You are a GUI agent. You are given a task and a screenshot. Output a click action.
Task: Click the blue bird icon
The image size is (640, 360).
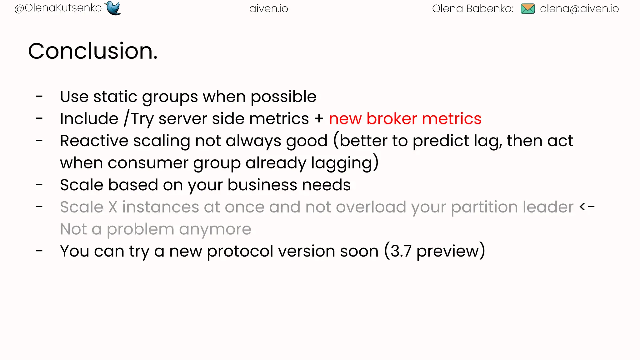[113, 8]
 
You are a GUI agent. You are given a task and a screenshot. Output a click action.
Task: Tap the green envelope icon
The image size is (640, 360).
[527, 9]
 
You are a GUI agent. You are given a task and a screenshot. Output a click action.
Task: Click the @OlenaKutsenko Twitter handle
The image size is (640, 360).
[58, 8]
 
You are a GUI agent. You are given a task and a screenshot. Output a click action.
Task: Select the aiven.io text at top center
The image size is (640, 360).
[268, 9]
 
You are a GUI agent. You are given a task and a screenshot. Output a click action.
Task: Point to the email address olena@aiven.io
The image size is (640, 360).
[579, 9]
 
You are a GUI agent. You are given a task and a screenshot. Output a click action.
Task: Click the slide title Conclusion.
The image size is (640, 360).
[93, 51]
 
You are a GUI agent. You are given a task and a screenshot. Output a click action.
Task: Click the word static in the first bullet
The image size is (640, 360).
[115, 97]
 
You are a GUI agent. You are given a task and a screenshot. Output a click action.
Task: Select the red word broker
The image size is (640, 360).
[392, 119]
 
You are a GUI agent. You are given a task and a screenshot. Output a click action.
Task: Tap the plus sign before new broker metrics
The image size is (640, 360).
[319, 119]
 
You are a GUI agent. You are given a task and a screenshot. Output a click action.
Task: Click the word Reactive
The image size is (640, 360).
[94, 141]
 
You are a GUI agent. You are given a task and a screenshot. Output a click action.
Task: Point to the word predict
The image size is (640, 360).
[441, 141]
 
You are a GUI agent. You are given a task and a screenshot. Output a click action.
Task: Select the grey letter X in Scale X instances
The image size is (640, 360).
[112, 207]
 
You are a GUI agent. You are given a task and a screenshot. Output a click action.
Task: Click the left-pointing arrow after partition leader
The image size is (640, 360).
[587, 207]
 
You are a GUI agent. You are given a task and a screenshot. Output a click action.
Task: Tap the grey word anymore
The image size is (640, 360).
[215, 229]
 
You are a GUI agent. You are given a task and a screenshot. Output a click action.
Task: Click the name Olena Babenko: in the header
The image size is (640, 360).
[472, 9]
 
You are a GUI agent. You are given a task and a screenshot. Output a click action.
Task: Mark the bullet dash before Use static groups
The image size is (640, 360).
[39, 97]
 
